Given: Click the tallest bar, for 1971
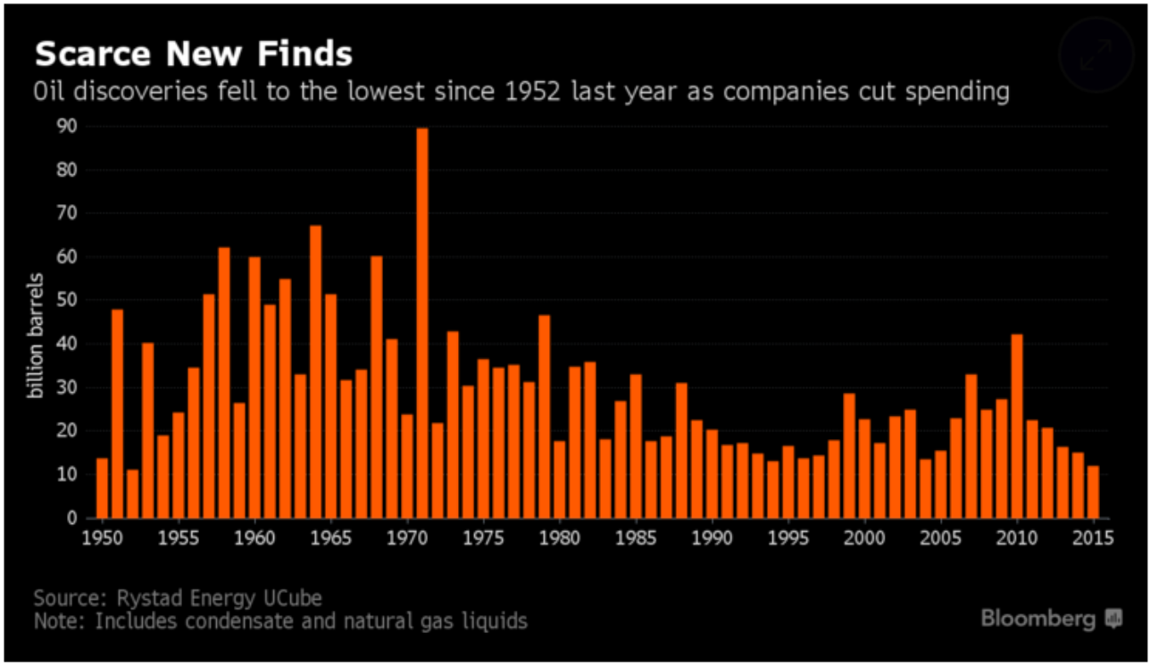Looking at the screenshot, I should [x=422, y=323].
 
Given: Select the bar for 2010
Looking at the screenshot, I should [x=1016, y=426].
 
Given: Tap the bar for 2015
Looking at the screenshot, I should [x=1093, y=492].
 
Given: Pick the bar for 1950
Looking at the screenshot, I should [x=102, y=488].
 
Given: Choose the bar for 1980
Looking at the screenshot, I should [x=559, y=479].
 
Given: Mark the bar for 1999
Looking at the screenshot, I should [x=849, y=455].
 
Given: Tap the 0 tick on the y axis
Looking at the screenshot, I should [x=71, y=519].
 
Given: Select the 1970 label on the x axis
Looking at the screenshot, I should [x=407, y=539].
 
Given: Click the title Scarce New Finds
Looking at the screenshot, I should [x=193, y=54].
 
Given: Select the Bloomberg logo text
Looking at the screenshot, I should [x=1039, y=618].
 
